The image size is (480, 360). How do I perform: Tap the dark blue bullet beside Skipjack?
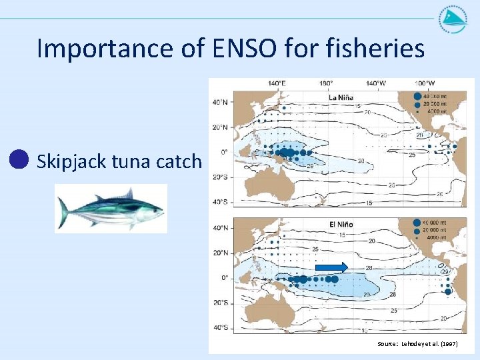pos(20,159)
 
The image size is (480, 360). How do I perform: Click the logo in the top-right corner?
pos(453,21)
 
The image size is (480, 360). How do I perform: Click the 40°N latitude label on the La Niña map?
pos(219,103)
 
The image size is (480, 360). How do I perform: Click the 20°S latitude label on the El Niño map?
pos(219,302)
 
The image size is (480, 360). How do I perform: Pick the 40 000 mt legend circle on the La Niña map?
pos(418,95)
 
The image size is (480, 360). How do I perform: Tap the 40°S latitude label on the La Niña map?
pos(219,201)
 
